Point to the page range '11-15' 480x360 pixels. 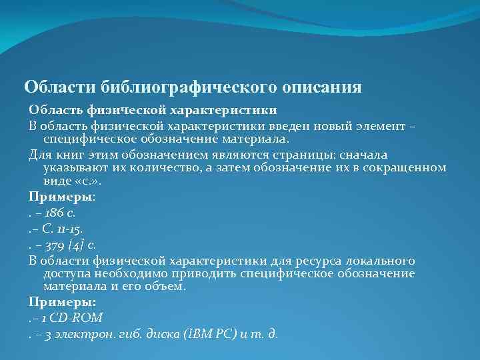pyautogui.click(x=69, y=229)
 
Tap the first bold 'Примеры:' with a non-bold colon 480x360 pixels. pyautogui.click(x=62, y=197)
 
